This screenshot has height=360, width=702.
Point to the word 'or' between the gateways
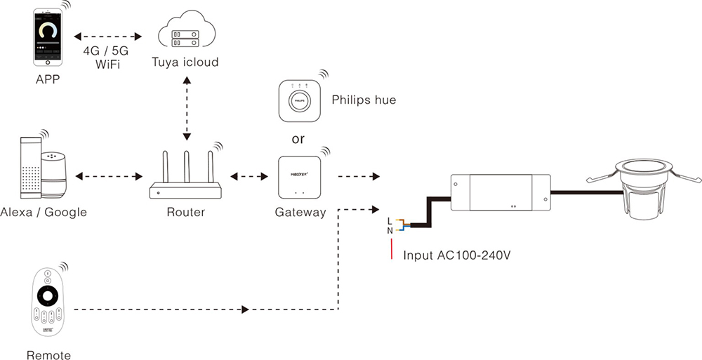298,138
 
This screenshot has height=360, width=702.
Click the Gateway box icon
300,178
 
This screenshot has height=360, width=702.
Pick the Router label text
185,212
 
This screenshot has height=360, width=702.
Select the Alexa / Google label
44,212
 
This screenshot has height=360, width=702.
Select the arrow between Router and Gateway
252,178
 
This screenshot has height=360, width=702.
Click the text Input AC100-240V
456,255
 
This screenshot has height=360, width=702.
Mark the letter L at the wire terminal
390,221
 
